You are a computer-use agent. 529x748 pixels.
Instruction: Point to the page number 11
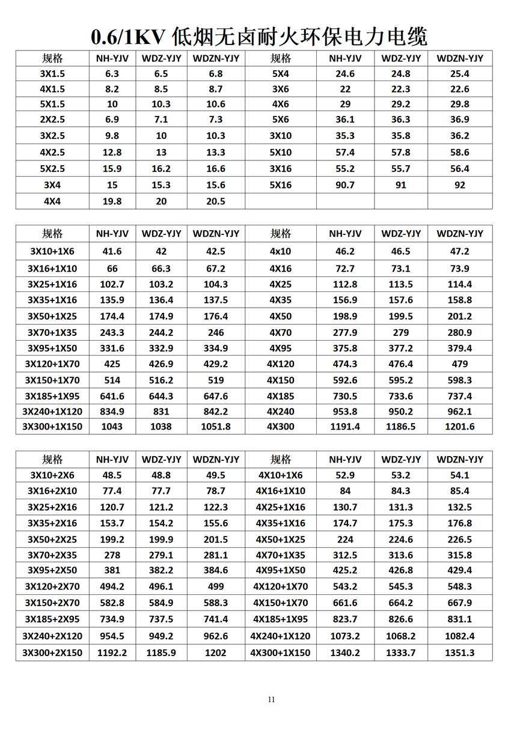coord(272,699)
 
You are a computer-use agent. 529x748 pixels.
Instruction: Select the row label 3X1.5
coord(52,74)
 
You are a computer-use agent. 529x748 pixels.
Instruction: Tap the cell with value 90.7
coord(345,185)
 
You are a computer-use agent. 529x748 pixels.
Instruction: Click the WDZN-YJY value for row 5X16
coord(460,185)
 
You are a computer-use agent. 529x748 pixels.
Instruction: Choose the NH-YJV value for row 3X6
coord(345,89)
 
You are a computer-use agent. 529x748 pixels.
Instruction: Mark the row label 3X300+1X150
coord(52,427)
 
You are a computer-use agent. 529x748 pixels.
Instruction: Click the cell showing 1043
coord(112,427)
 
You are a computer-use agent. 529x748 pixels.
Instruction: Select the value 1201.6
coord(460,427)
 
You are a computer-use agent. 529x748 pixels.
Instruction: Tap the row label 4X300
coord(281,427)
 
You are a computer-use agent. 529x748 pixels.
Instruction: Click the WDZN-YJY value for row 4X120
coord(460,364)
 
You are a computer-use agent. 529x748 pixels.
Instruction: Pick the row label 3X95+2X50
coord(52,570)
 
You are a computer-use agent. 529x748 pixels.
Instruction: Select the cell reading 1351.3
coord(460,652)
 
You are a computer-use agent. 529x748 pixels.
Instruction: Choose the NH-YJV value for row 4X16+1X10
coord(345,491)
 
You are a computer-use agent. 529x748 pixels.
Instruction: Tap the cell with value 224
coord(345,540)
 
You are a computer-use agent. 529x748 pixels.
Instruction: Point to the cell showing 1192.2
coord(112,652)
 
